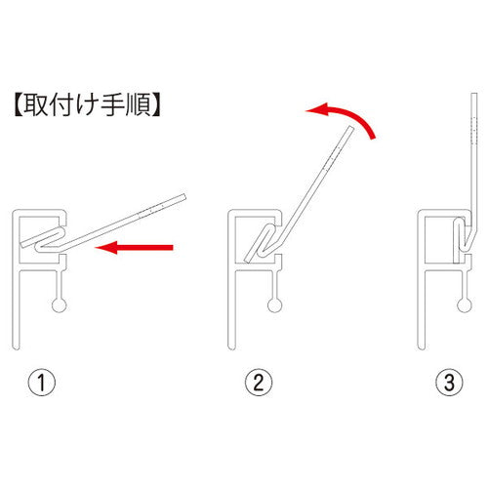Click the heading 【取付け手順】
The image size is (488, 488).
click(87, 105)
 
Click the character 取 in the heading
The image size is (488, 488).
click(34, 105)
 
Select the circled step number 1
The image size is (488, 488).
click(42, 383)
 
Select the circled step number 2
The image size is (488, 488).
click(259, 383)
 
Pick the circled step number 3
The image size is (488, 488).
click(449, 383)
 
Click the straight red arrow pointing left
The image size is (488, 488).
click(134, 248)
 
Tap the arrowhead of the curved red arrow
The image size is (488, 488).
click(315, 109)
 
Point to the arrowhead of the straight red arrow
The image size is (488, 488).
click(105, 248)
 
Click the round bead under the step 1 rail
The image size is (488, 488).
click(60, 305)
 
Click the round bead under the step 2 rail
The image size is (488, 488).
click(274, 305)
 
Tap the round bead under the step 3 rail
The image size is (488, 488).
click(465, 305)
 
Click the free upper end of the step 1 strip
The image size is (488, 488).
click(183, 197)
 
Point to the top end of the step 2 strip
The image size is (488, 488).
click(350, 128)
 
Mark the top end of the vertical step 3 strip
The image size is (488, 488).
click(474, 95)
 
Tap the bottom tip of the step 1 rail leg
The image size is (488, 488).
click(16, 348)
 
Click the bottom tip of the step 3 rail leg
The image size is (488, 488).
click(421, 348)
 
